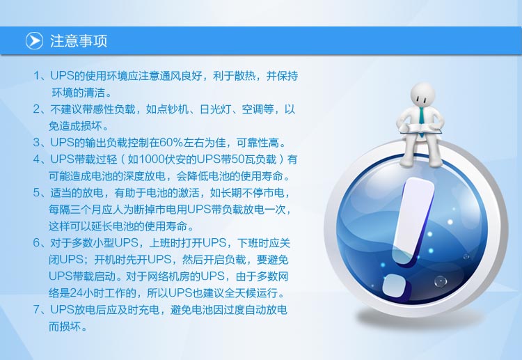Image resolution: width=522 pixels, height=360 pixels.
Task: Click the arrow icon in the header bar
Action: coord(34,40)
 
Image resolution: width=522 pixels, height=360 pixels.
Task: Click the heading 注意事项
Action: coord(79,41)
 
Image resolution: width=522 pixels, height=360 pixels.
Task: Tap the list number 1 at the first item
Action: coord(37,76)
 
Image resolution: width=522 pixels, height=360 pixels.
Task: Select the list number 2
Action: coord(37,109)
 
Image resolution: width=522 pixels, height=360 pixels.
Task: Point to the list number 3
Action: coord(37,143)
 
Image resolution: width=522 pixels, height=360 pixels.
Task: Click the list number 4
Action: coord(37,159)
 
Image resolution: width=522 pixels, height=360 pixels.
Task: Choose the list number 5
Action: coord(37,192)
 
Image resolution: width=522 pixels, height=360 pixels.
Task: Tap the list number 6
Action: coord(37,243)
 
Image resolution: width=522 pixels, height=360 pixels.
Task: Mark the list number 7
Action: coord(37,310)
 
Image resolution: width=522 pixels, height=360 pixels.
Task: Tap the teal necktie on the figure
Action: coord(422,120)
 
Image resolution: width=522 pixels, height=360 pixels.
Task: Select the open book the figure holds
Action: coord(422,128)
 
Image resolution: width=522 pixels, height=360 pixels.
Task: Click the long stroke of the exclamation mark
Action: coord(413,221)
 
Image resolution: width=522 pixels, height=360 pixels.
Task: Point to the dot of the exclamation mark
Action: coord(395,286)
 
